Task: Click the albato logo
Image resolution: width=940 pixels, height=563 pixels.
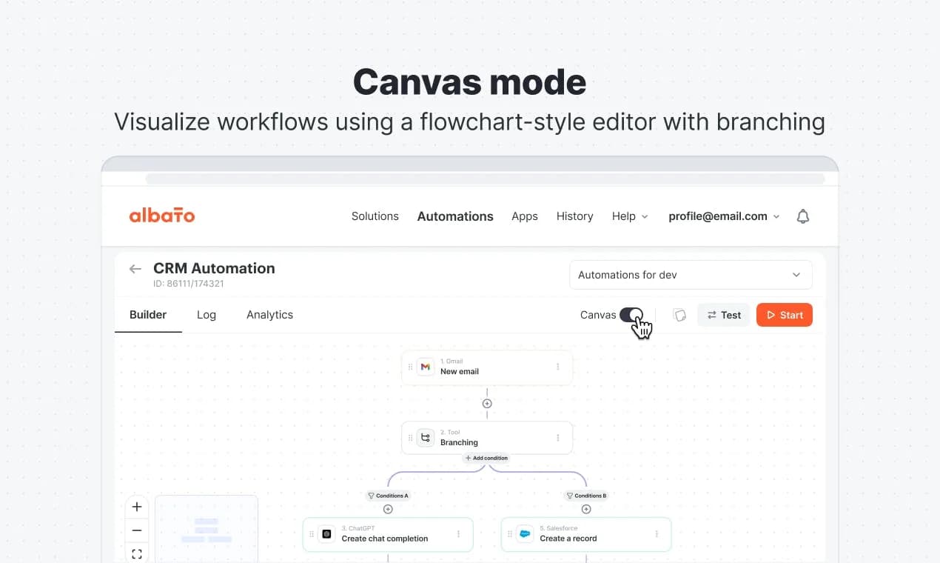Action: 162,215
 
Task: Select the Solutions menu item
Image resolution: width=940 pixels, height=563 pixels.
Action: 375,216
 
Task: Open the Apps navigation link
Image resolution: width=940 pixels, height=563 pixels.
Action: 525,216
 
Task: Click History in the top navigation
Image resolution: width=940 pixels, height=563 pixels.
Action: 574,216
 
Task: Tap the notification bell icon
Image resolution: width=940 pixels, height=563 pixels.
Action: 802,216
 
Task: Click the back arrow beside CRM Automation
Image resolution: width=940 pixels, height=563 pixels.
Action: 135,269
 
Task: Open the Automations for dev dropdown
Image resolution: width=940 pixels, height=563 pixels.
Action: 691,275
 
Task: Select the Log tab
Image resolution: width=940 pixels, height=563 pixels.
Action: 207,315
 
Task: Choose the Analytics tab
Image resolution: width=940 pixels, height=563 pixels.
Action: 269,315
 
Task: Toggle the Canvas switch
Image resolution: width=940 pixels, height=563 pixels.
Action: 631,315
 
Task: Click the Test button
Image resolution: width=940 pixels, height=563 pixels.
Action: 724,315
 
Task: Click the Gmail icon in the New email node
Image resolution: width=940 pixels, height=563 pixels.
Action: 425,367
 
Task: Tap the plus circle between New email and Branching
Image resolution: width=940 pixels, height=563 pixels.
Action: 487,403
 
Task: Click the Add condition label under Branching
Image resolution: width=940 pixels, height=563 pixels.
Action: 487,458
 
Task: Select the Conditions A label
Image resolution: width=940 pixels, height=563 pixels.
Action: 388,496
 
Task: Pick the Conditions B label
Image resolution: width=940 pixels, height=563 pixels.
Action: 586,496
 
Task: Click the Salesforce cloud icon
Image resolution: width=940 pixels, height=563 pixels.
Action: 525,534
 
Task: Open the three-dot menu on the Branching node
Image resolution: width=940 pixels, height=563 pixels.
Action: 557,438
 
